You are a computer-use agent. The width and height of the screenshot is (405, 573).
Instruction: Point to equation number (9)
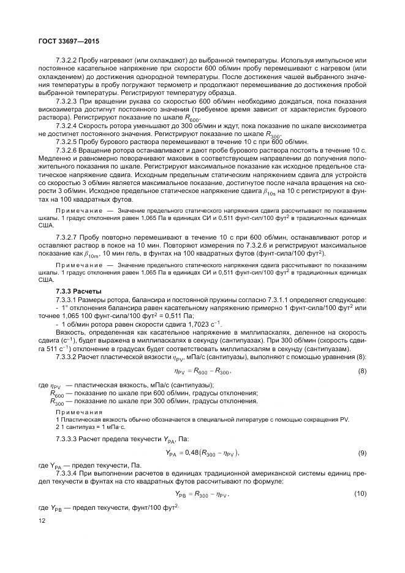361,452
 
